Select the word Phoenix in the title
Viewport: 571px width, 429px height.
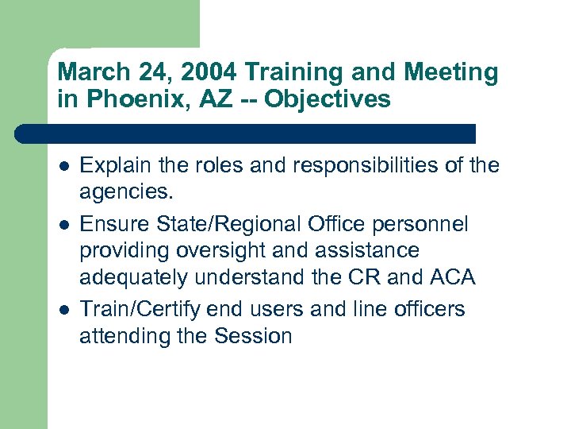tap(121, 99)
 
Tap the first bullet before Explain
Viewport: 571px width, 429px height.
tap(63, 166)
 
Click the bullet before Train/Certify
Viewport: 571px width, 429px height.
tap(63, 309)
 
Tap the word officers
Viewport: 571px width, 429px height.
tap(423, 308)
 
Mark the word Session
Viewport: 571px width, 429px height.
tap(253, 336)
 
